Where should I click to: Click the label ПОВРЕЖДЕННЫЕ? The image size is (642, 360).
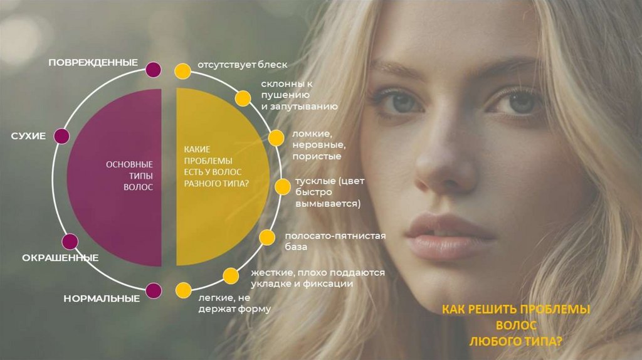click(x=93, y=63)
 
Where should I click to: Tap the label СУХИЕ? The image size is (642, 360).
click(x=28, y=136)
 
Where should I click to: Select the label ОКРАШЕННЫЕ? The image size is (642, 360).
click(x=60, y=258)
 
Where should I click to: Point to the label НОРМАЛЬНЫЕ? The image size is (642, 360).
click(x=102, y=299)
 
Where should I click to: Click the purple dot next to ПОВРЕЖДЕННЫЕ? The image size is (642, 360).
click(x=152, y=69)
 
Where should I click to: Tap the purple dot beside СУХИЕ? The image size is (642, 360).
click(x=61, y=136)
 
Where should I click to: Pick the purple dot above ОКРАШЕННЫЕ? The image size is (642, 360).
click(x=70, y=241)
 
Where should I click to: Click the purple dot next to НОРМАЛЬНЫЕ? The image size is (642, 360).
click(x=153, y=290)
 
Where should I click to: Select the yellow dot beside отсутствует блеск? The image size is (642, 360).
click(x=182, y=70)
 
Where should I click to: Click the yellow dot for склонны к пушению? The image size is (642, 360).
click(x=243, y=98)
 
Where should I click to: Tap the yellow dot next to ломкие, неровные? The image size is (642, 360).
click(x=276, y=138)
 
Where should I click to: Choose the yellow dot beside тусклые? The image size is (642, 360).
click(x=283, y=186)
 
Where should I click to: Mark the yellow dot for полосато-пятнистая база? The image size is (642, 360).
click(x=268, y=237)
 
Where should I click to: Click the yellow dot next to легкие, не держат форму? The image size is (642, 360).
click(x=183, y=290)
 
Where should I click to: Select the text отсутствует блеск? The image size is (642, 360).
click(x=242, y=65)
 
